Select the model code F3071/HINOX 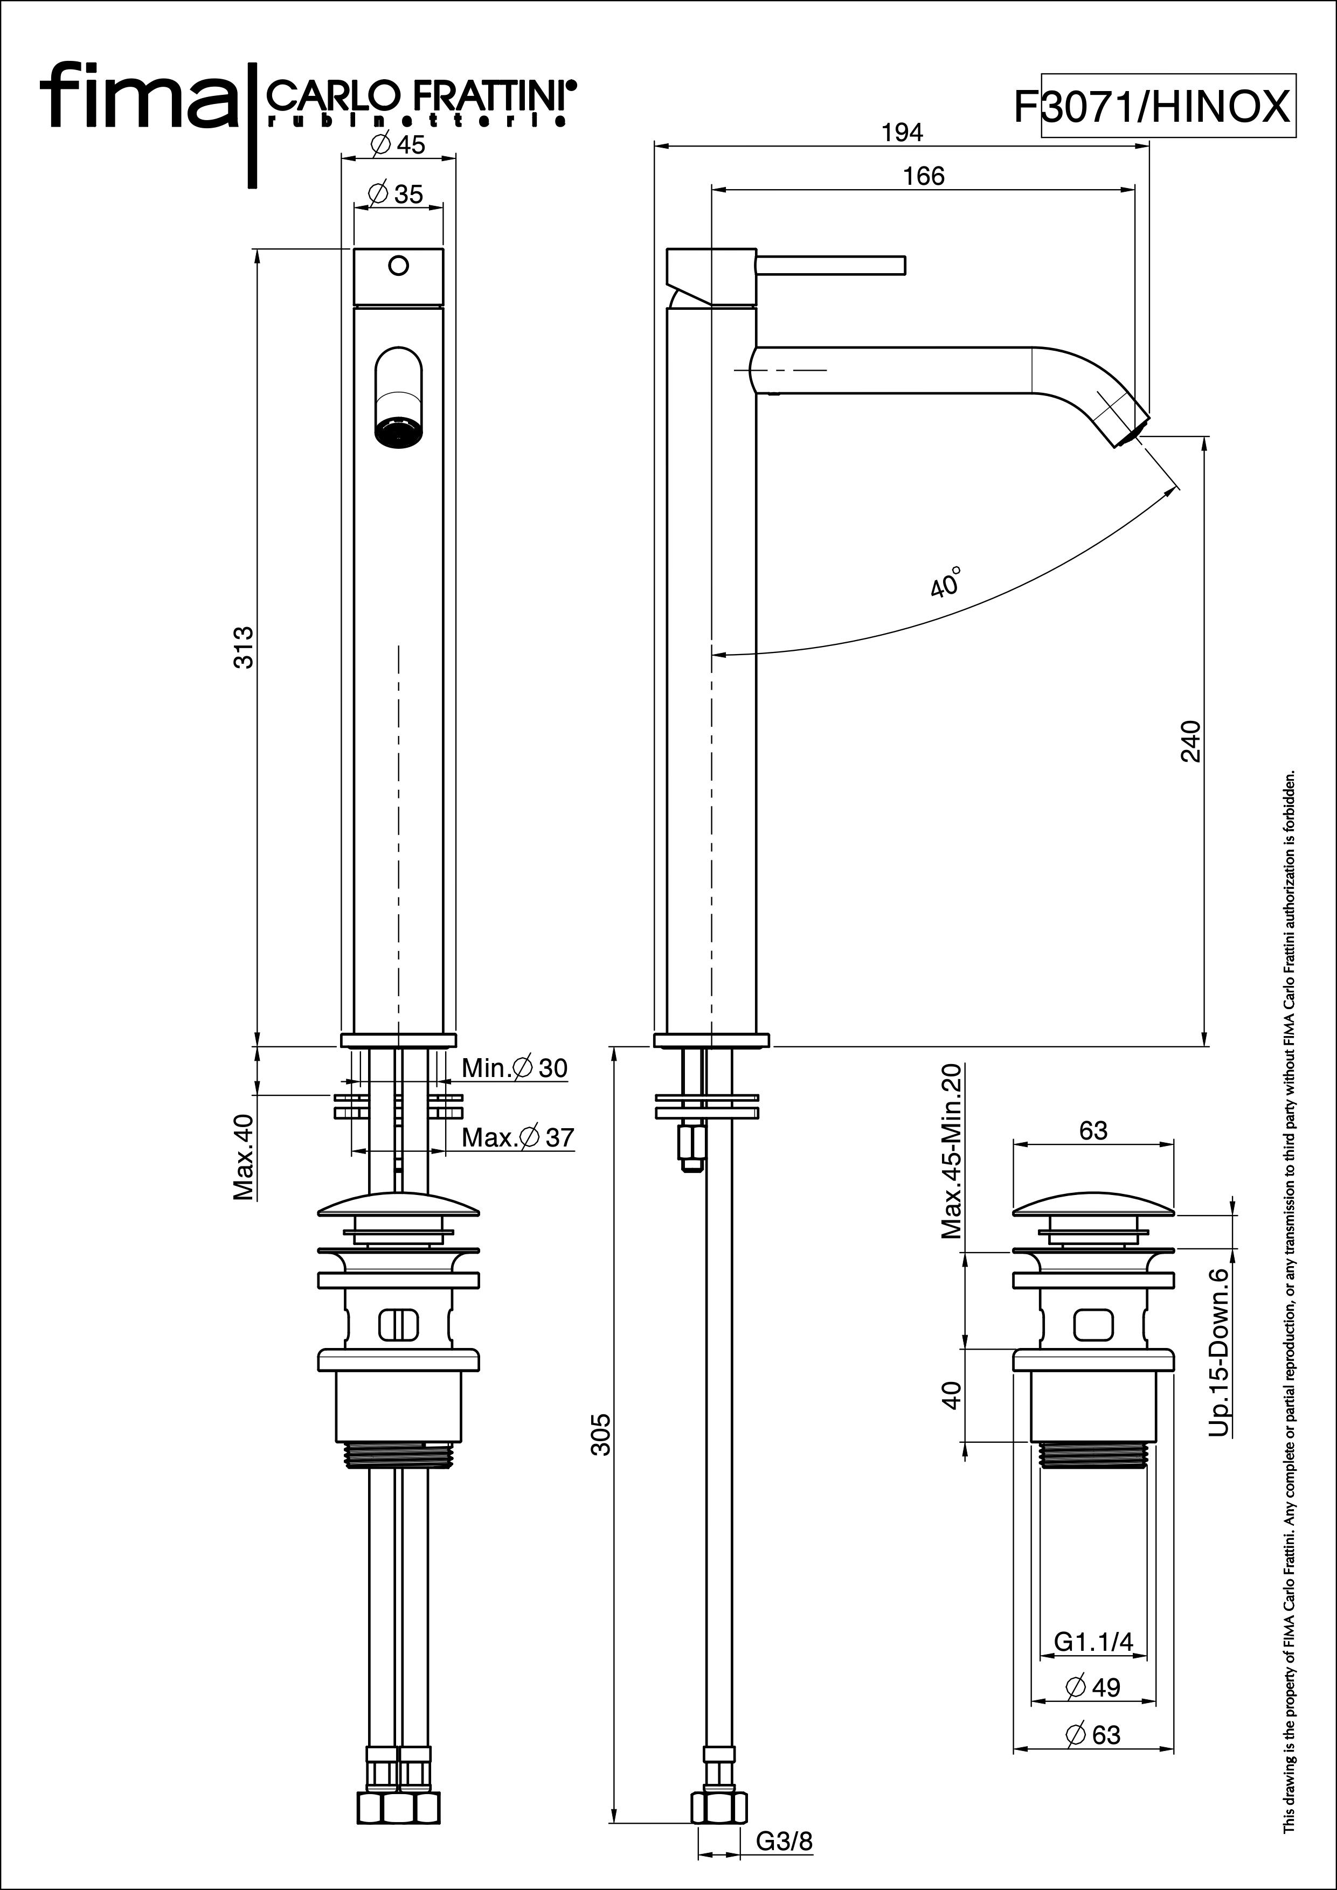tap(1152, 106)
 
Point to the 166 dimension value tap(924, 176)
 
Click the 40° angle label tap(946, 581)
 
